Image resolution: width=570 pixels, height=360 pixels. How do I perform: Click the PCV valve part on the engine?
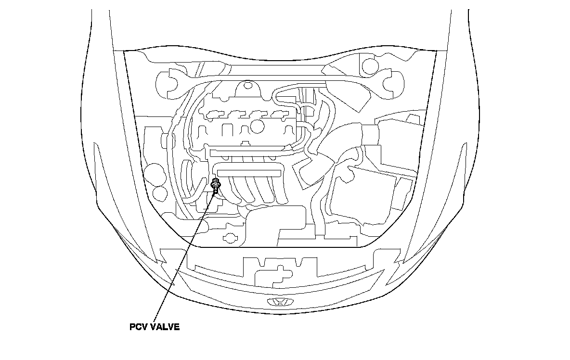click(x=216, y=185)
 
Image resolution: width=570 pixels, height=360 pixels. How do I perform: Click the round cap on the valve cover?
click(x=258, y=126)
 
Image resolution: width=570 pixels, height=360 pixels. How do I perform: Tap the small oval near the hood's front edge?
click(x=231, y=238)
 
